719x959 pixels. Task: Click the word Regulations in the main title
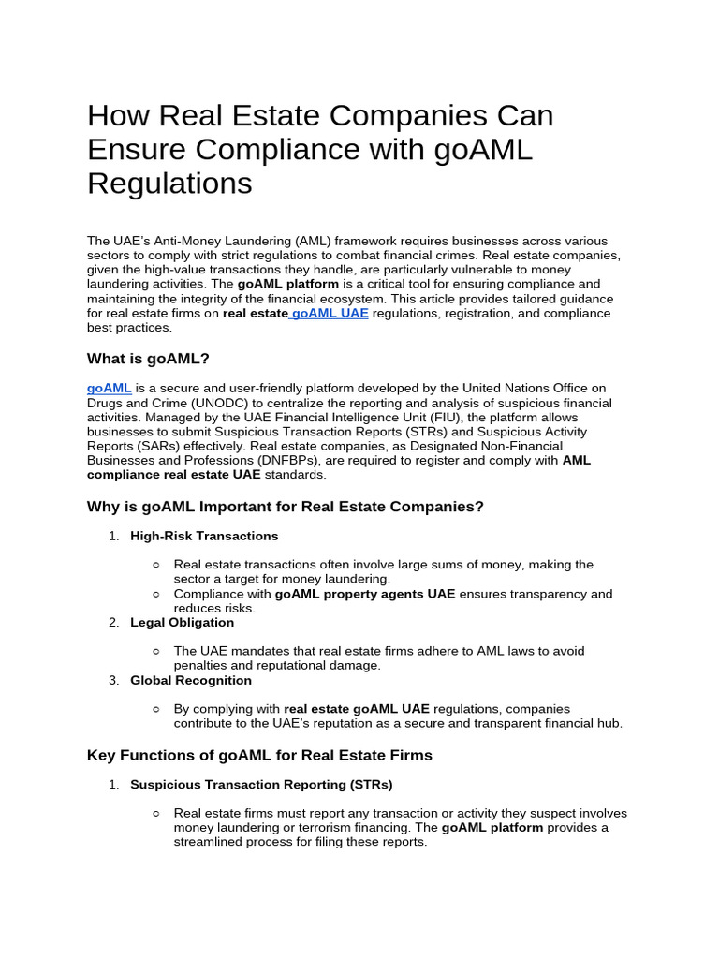169,184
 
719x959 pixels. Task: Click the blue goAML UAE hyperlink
330,314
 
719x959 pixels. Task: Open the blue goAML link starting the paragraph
110,388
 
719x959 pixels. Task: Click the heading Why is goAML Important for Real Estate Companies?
286,507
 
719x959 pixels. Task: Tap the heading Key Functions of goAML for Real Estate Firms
259,755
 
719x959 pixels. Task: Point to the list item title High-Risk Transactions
204,537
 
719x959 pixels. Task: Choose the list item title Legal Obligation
182,623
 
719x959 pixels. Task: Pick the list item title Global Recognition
191,681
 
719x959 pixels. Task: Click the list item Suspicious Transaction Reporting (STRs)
261,785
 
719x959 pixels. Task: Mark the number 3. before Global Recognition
113,681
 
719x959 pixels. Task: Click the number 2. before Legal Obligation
113,623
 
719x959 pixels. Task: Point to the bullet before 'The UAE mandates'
156,651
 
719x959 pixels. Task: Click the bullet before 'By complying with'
156,709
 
